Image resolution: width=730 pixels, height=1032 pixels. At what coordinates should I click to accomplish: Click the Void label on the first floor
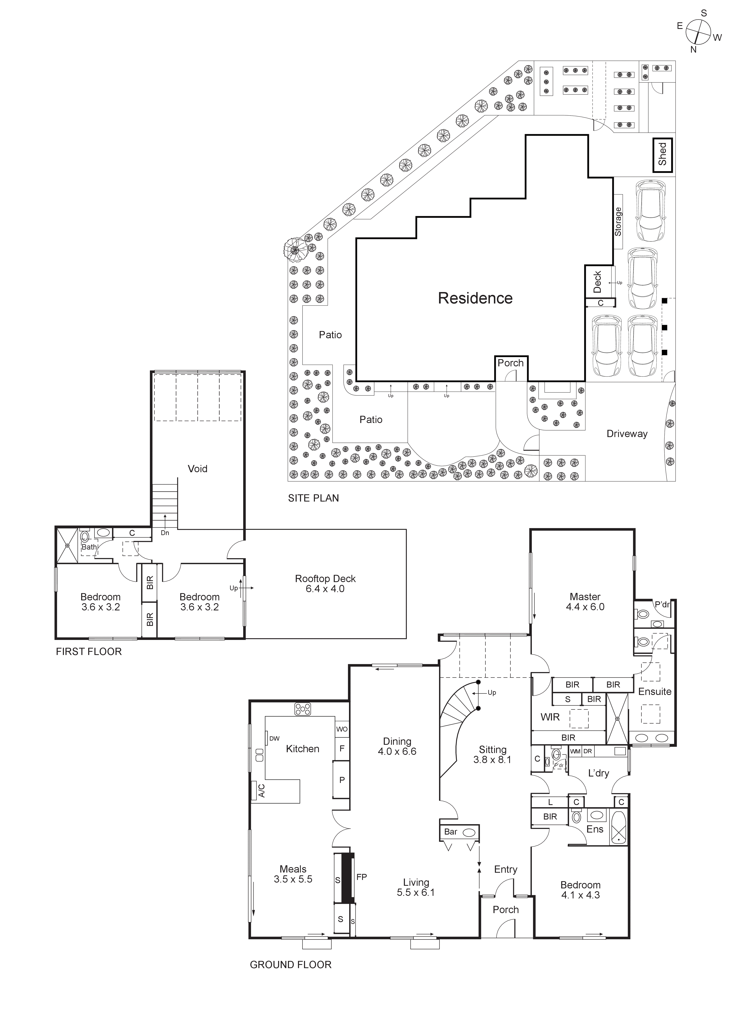(x=198, y=469)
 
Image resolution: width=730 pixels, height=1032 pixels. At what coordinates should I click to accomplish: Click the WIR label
(x=550, y=717)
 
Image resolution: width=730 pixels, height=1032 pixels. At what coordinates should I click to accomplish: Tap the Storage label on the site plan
(x=618, y=222)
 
